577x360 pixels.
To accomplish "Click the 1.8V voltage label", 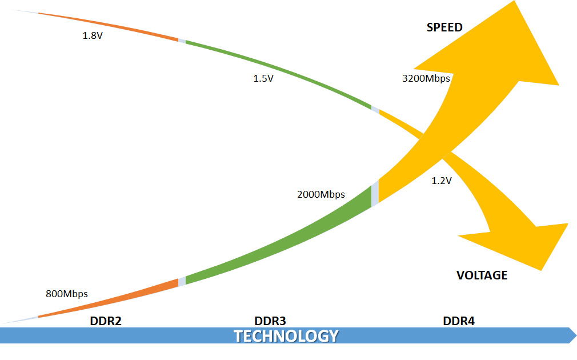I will coord(93,35).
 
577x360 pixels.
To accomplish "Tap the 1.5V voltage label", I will coord(263,78).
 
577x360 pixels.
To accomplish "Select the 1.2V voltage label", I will coord(442,181).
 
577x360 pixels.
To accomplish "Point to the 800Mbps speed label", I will coord(66,294).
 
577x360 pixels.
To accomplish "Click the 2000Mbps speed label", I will coord(320,194).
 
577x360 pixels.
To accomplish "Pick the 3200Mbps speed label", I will coord(426,78).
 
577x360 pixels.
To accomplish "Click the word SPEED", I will coord(444,27).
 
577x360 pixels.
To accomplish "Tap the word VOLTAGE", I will coord(482,275).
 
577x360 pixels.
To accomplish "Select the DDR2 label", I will coord(106,321).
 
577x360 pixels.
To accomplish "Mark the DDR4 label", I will coord(459,321).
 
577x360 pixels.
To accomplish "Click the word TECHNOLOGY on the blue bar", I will coord(286,335).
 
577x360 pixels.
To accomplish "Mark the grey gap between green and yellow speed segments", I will coord(375,193).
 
